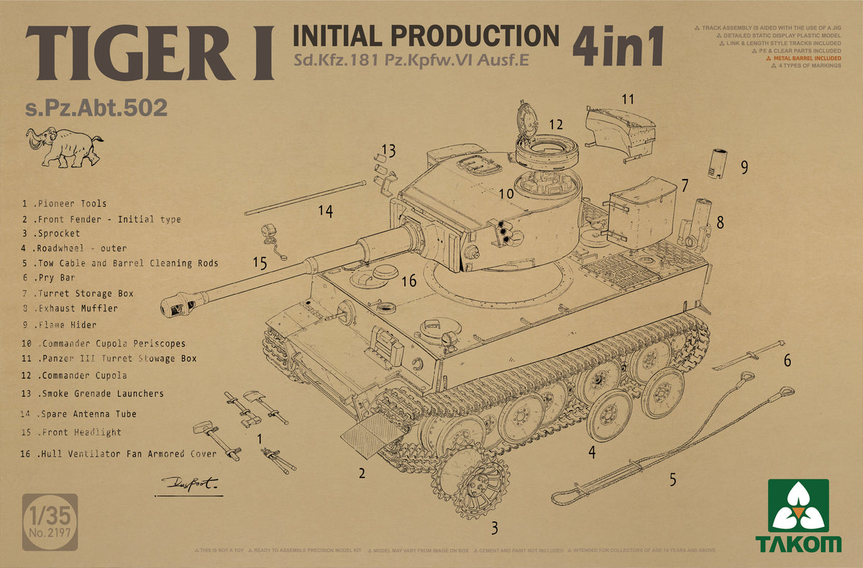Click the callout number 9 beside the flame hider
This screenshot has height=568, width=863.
(x=744, y=168)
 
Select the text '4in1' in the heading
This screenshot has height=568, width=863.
(x=616, y=48)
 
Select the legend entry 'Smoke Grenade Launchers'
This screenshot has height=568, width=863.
(x=93, y=394)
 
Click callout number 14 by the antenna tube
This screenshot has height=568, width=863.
(x=326, y=211)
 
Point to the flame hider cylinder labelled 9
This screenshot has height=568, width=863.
(x=720, y=166)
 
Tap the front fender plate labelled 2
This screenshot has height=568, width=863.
(x=371, y=436)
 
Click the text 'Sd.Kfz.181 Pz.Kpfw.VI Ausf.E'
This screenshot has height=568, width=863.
(x=411, y=60)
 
